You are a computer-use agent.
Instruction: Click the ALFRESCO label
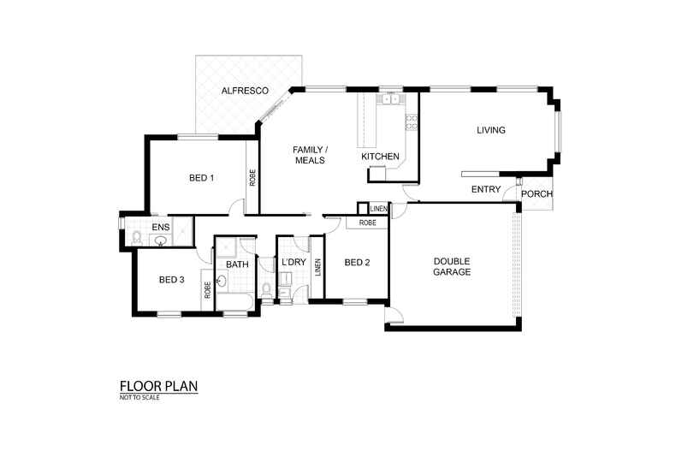click(246, 91)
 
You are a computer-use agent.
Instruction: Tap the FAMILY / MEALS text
click(310, 154)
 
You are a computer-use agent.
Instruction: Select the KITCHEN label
click(380, 157)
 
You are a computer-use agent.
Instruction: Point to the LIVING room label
click(491, 131)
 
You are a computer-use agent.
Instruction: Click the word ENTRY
click(486, 190)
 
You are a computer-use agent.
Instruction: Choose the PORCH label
click(537, 194)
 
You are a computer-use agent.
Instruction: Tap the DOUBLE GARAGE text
click(453, 266)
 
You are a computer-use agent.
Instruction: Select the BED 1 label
click(201, 179)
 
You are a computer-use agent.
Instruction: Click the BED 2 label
click(357, 263)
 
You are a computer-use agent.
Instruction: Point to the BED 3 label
click(171, 280)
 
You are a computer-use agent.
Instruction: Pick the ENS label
click(160, 227)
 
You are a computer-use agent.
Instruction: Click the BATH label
click(237, 264)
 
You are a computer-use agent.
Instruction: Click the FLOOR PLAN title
click(158, 387)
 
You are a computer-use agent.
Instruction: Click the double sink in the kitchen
click(392, 99)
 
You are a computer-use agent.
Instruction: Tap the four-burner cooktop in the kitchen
click(412, 122)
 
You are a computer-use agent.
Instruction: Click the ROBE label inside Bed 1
click(252, 177)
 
